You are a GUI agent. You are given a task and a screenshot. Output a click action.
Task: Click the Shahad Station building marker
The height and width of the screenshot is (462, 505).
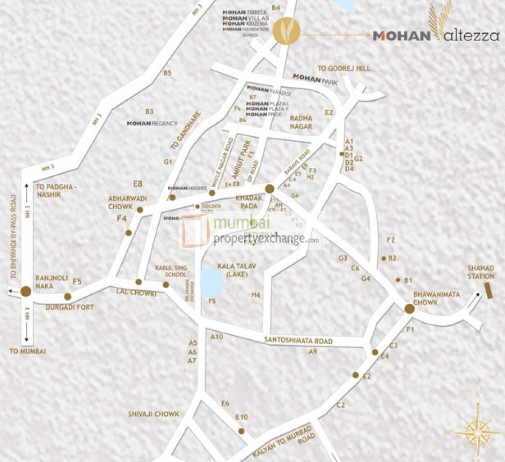click(x=488, y=288)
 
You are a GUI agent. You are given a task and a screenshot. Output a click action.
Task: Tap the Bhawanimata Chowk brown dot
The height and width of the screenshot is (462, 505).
click(x=409, y=309)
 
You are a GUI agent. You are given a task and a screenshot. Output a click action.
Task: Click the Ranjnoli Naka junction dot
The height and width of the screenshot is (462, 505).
click(x=26, y=292)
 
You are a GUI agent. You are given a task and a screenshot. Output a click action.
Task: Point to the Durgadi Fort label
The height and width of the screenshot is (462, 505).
click(x=70, y=307)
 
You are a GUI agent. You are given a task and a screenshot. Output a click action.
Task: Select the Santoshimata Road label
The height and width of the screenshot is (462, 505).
click(x=298, y=341)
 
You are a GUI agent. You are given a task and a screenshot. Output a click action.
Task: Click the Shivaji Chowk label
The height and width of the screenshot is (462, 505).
click(x=153, y=414)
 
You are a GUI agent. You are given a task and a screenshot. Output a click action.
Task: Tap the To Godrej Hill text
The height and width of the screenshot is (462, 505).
click(x=343, y=69)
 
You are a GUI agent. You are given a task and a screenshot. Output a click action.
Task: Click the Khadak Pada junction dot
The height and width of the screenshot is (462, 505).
click(x=269, y=188)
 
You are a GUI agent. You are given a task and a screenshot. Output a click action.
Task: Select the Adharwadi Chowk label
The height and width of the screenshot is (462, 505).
click(x=128, y=202)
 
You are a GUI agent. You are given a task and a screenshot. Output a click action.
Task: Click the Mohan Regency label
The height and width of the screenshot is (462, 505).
click(x=152, y=123)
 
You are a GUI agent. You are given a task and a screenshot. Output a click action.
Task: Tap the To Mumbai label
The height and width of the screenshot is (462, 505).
click(x=28, y=351)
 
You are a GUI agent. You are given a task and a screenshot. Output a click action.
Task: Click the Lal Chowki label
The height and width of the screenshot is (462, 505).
click(x=136, y=293)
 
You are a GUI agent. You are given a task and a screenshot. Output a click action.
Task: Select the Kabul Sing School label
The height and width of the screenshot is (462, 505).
click(x=171, y=271)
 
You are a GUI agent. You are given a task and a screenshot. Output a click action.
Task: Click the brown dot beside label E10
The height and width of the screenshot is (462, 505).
click(x=241, y=431)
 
